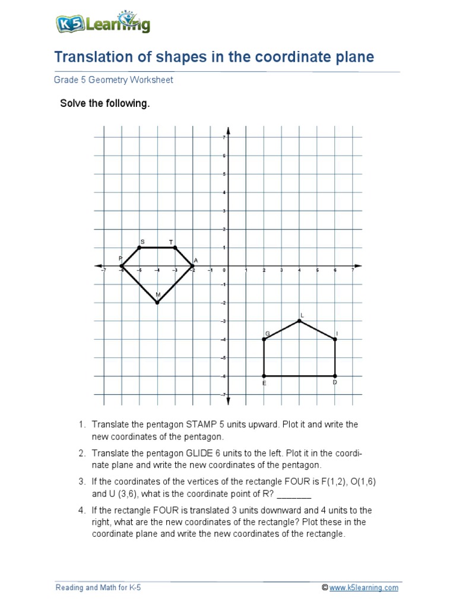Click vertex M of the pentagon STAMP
pyautogui.click(x=157, y=303)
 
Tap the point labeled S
pyautogui.click(x=140, y=248)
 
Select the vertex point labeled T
pyautogui.click(x=175, y=248)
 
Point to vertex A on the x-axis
pyautogui.click(x=193, y=266)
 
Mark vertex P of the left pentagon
pyautogui.click(x=122, y=266)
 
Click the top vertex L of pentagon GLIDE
pyautogui.click(x=300, y=321)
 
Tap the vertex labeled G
pyautogui.click(x=264, y=340)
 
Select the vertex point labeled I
pyautogui.click(x=335, y=340)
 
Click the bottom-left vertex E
pyautogui.click(x=264, y=376)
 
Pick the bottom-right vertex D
pyautogui.click(x=335, y=376)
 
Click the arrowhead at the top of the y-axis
pyautogui.click(x=229, y=130)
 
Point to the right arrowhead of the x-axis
pyautogui.click(x=357, y=266)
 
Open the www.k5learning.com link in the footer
pyautogui.click(x=364, y=588)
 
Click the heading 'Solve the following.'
pyautogui.click(x=105, y=104)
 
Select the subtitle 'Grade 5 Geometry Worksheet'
pyautogui.click(x=113, y=80)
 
